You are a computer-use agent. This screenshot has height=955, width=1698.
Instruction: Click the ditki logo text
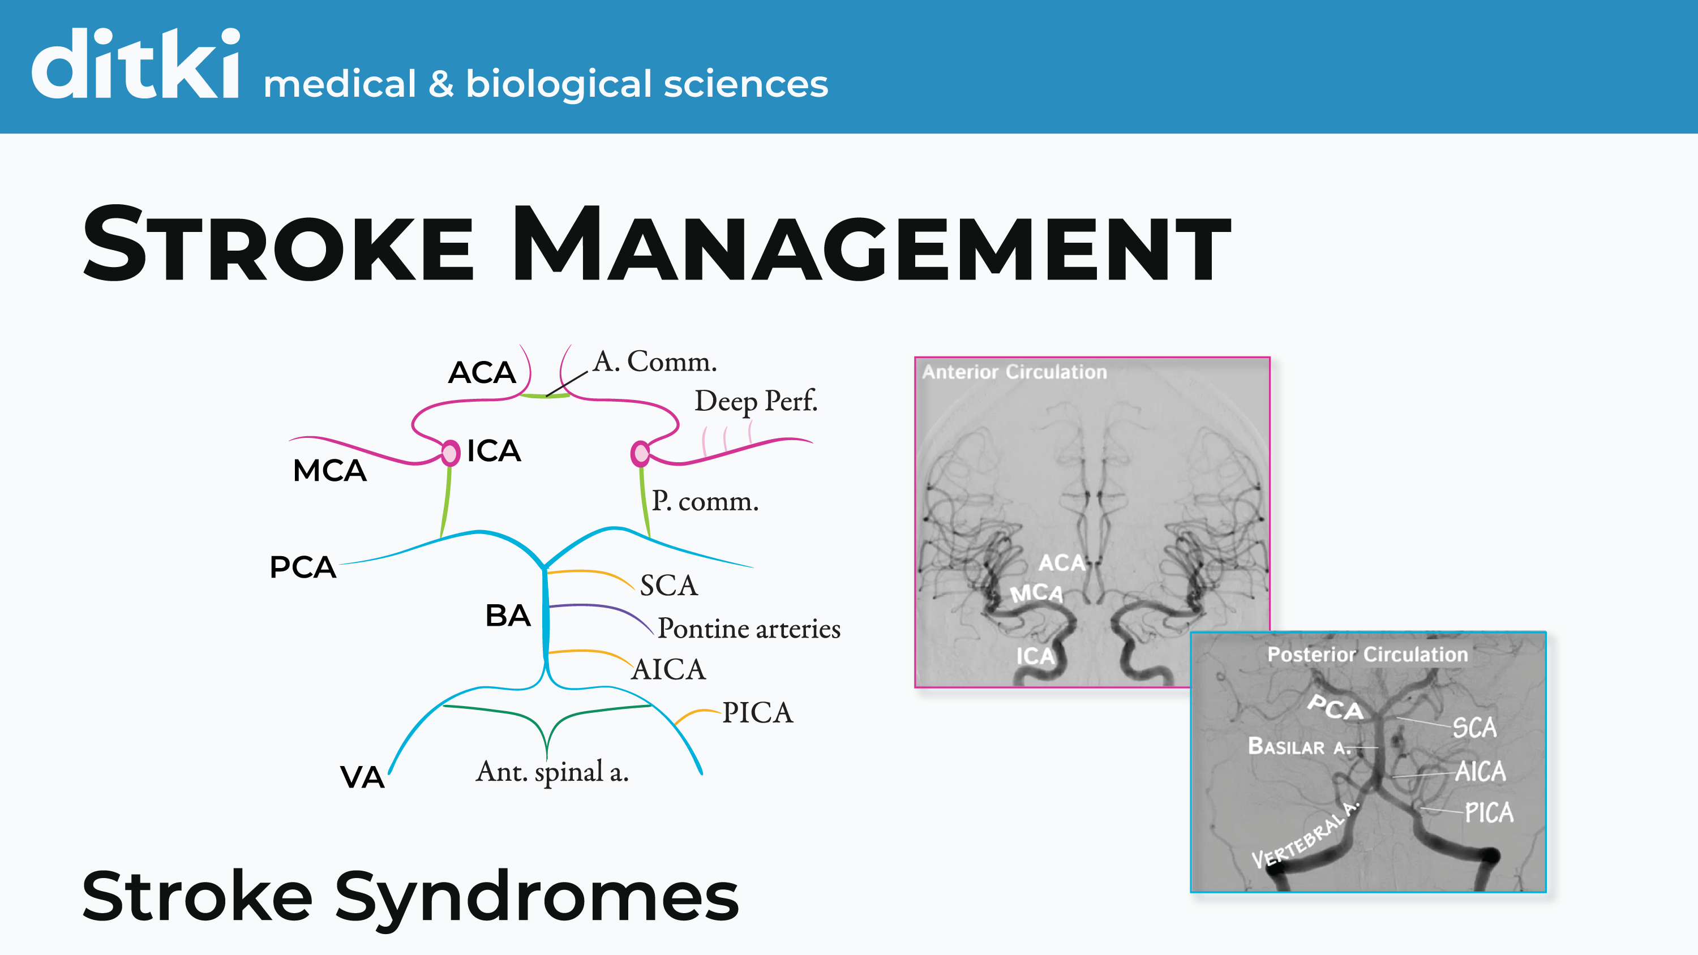coord(135,64)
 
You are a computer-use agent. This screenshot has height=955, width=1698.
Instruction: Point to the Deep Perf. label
coord(756,401)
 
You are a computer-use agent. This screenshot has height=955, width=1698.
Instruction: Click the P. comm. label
coord(705,502)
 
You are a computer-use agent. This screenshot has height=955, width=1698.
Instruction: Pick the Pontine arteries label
coord(749,629)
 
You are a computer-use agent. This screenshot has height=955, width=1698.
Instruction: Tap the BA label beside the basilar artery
coord(508,616)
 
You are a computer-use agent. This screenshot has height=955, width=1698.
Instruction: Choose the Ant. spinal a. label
coord(552,772)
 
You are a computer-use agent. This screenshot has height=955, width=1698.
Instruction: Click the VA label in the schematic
coord(362,777)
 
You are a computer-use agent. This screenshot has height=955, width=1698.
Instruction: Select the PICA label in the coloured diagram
coord(757,712)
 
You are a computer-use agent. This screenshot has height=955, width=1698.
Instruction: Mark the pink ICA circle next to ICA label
coord(450,453)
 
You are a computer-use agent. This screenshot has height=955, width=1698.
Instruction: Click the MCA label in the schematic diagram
coord(329,471)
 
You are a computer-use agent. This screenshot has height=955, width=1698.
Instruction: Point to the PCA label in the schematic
coord(303,567)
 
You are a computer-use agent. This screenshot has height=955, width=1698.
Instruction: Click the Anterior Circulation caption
coord(1014,372)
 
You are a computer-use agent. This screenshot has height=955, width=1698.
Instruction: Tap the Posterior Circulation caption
coord(1367,655)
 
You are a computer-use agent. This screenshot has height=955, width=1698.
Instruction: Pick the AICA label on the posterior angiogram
coord(1480,771)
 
